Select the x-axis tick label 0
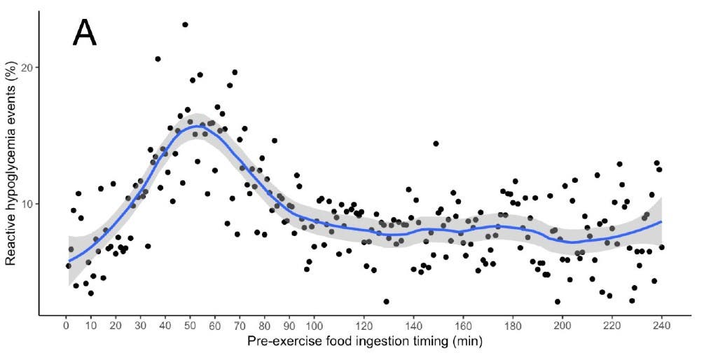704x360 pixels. click(x=66, y=326)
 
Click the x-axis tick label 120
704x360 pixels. click(x=364, y=326)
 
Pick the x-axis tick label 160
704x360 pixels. click(x=463, y=326)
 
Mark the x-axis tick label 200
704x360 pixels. click(x=562, y=326)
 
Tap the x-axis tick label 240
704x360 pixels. click(x=662, y=326)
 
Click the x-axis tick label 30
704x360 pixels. click(x=140, y=326)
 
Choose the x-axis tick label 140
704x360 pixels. click(x=413, y=326)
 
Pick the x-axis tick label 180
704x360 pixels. click(x=513, y=326)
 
